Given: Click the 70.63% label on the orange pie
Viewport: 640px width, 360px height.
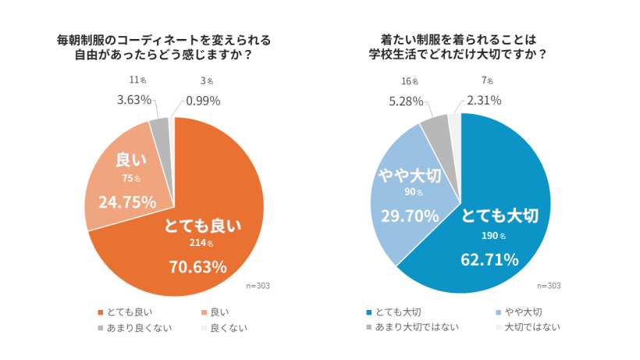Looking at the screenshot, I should [198, 266].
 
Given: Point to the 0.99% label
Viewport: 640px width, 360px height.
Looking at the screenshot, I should [204, 100].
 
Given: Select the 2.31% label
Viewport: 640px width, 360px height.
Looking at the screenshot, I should [484, 100].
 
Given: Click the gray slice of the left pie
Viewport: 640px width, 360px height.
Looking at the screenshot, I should [160, 127].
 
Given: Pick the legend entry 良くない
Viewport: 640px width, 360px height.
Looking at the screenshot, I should [223, 327].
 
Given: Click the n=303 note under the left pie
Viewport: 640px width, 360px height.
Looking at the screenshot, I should [258, 285].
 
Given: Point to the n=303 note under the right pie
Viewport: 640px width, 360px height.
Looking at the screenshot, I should [549, 285].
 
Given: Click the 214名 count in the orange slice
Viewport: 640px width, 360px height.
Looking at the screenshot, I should [201, 243].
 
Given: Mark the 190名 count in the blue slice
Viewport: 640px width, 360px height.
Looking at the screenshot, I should [495, 235].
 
